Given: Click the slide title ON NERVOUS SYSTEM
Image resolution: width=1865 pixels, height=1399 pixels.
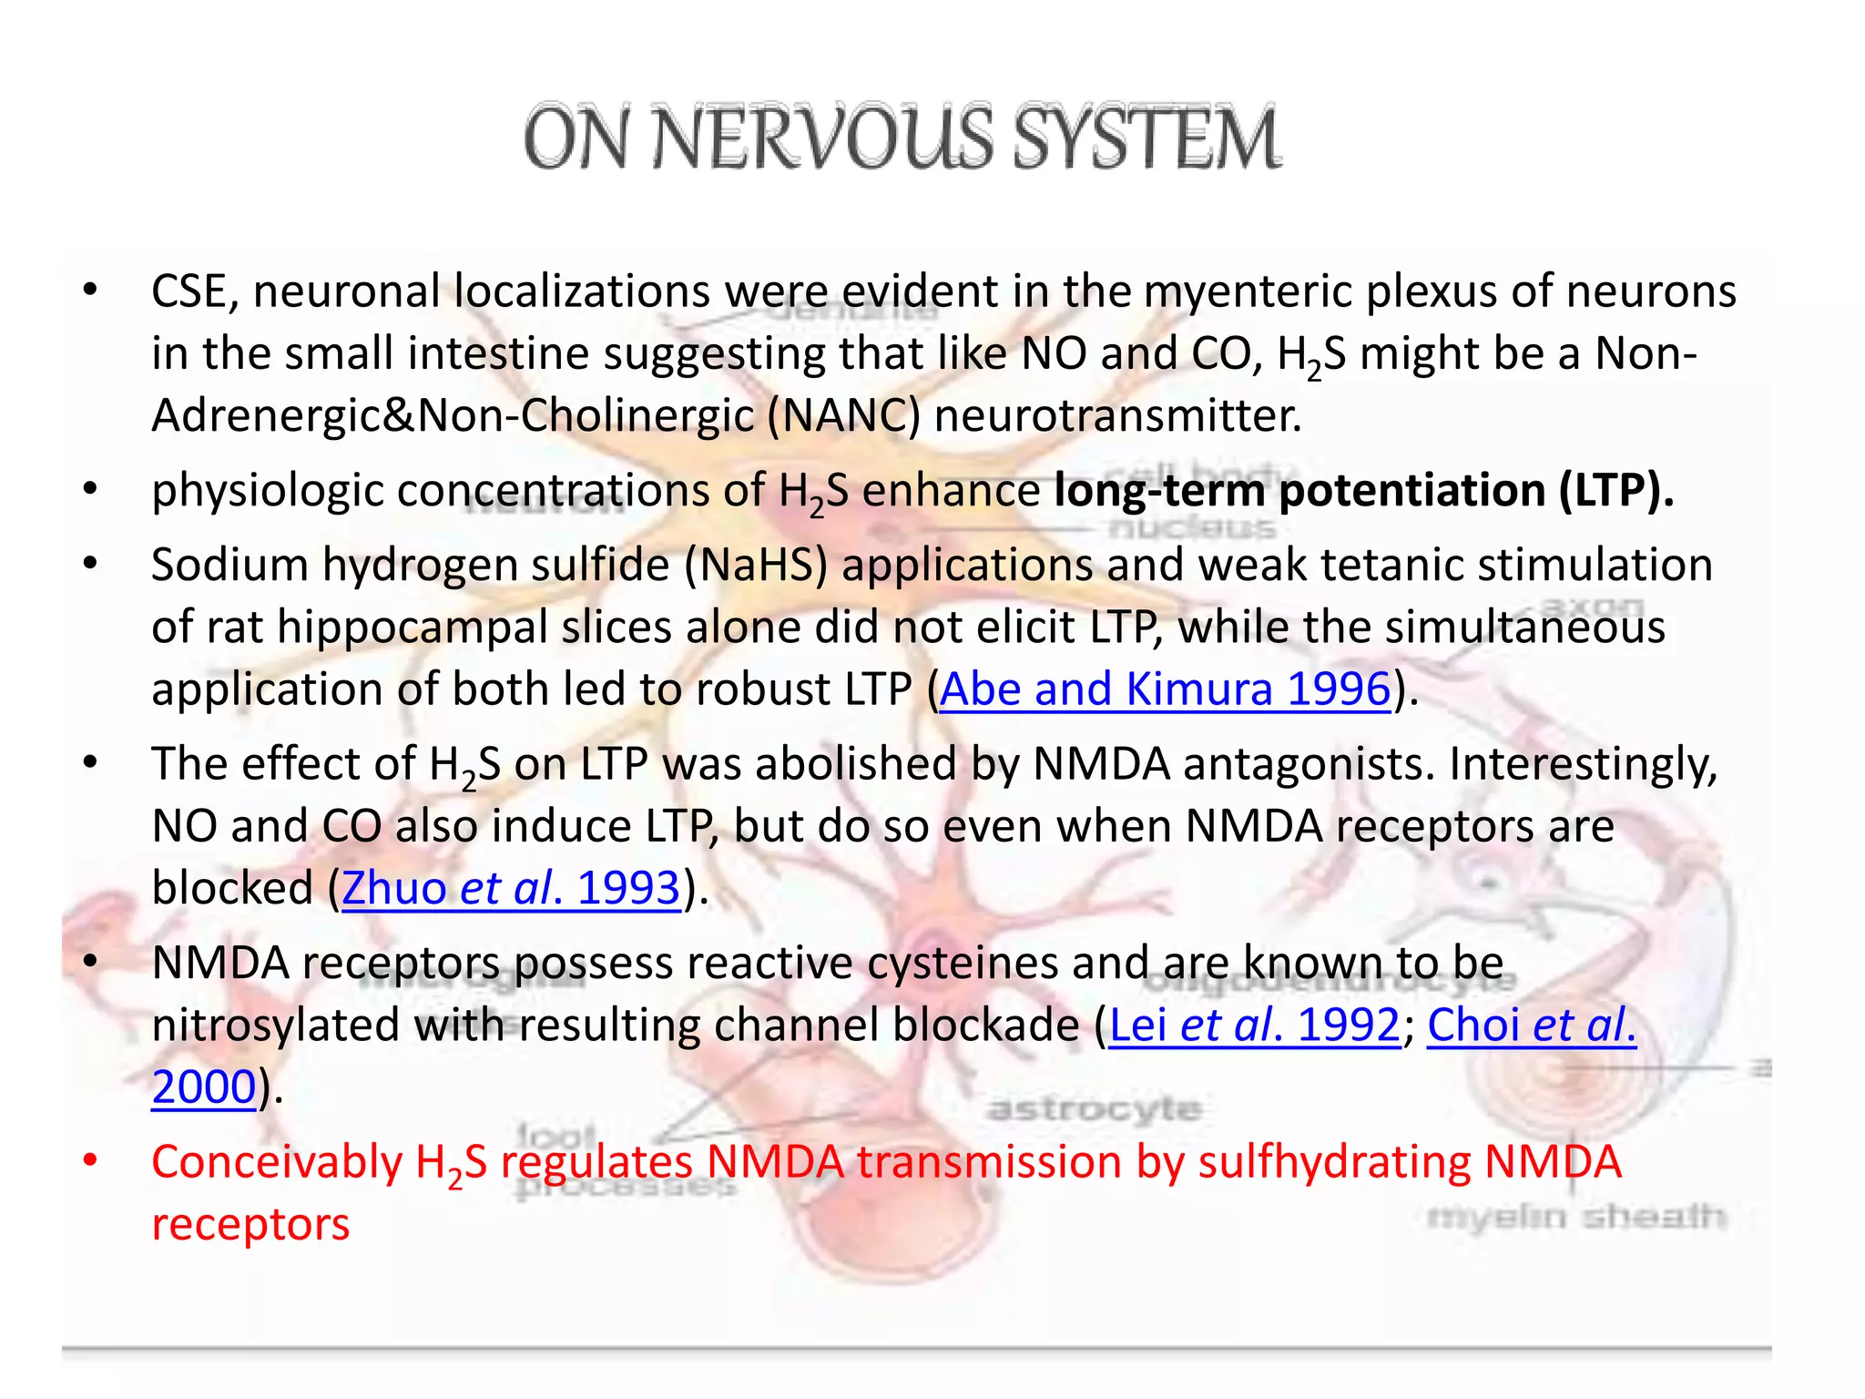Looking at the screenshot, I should click(x=902, y=138).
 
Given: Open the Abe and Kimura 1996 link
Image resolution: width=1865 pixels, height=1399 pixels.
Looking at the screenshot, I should click(x=1165, y=689).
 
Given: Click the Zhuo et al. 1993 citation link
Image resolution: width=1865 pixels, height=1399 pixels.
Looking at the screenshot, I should click(x=511, y=888).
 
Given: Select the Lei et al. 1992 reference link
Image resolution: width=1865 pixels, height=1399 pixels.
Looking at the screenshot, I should click(x=1254, y=1025).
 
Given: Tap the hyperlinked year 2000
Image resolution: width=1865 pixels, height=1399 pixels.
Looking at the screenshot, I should click(x=203, y=1087).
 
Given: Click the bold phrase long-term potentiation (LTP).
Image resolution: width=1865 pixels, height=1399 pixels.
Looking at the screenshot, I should click(x=1363, y=491).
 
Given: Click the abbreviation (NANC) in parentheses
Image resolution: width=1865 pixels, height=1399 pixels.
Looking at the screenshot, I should click(x=843, y=416).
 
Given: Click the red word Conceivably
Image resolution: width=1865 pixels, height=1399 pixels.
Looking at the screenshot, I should click(x=276, y=1163).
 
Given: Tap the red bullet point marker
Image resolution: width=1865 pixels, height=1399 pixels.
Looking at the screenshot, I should click(x=89, y=1160).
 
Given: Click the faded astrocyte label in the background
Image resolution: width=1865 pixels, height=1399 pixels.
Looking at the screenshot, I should click(x=1094, y=1108).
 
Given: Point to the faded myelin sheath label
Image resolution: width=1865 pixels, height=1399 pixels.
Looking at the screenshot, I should click(x=1575, y=1217).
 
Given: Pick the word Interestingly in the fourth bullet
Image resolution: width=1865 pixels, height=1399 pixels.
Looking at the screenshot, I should click(x=1582, y=764).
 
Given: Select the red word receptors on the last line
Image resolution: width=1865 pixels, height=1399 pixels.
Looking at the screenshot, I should click(x=250, y=1225).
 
